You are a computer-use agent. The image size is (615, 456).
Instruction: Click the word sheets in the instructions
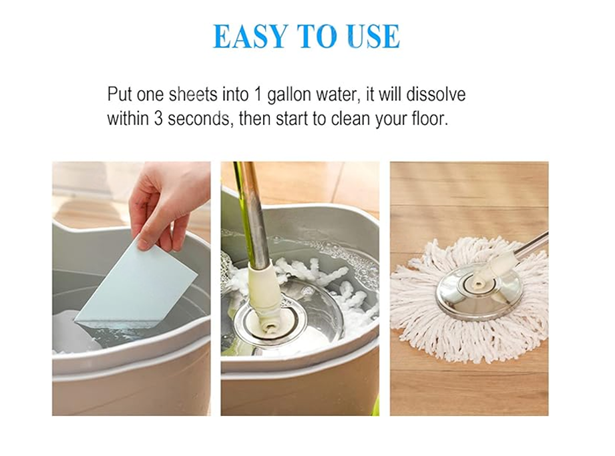point(193,95)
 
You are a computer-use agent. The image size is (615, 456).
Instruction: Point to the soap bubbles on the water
point(347,257)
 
